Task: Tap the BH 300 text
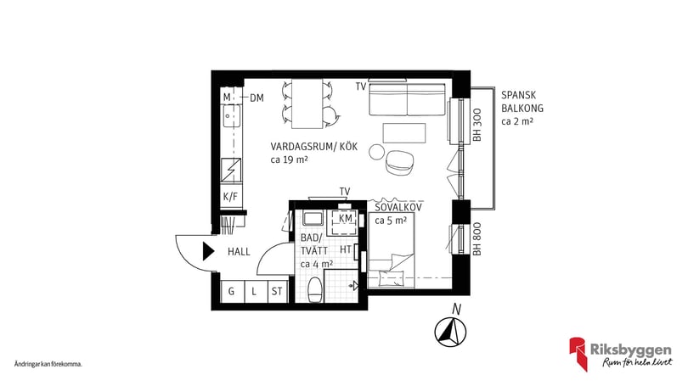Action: coord(477,124)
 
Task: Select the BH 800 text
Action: coord(477,240)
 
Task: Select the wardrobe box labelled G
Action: coord(230,292)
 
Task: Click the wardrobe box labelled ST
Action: coord(276,292)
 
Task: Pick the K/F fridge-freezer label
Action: coord(230,197)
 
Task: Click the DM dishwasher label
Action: coord(257,98)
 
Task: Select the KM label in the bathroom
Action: coord(345,219)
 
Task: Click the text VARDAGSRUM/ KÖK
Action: coord(314,146)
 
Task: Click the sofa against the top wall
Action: coord(407,102)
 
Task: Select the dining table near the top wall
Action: coord(307,100)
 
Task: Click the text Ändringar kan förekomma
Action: coord(48,363)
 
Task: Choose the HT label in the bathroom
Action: coord(346,249)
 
